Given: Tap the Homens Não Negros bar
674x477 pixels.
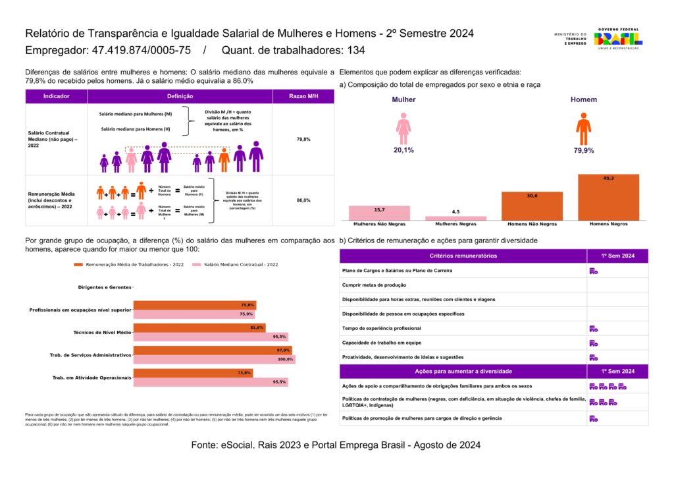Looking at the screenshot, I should click(x=532, y=206).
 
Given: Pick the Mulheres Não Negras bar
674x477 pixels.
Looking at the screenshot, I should click(x=379, y=213).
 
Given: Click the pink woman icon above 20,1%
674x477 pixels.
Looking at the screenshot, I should click(x=403, y=128).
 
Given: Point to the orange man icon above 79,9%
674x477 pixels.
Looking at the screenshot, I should click(x=583, y=128).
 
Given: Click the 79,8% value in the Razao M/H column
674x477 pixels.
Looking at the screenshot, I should click(x=303, y=140).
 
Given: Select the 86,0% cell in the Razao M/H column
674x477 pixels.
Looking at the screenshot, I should click(x=303, y=200).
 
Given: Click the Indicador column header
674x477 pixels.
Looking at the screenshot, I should click(x=56, y=97).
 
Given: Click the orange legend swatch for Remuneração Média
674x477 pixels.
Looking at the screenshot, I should click(x=78, y=264).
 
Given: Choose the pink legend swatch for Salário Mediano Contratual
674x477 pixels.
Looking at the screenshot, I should click(x=195, y=264).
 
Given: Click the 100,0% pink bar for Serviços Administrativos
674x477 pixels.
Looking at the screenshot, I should click(x=214, y=360).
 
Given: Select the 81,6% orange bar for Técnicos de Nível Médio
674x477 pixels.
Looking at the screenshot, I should click(x=199, y=327).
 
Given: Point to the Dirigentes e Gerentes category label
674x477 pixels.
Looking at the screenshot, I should click(x=104, y=288).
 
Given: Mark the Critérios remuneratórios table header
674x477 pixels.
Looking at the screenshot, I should click(x=463, y=256).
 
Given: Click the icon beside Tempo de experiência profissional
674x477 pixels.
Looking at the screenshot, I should click(x=593, y=329).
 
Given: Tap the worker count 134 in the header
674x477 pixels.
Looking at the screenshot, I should click(x=356, y=51).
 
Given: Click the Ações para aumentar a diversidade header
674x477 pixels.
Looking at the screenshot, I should click(x=463, y=372).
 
